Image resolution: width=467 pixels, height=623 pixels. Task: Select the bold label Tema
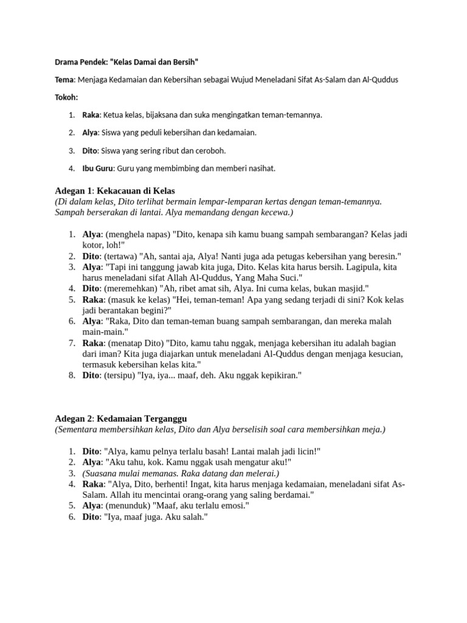click(x=64, y=80)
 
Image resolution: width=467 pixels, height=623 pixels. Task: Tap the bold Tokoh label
click(x=66, y=97)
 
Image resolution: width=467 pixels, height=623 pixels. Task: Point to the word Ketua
click(x=116, y=114)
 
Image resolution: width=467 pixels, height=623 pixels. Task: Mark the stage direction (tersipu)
click(x=122, y=375)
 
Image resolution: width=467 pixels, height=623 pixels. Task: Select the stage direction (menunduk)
click(x=130, y=506)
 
